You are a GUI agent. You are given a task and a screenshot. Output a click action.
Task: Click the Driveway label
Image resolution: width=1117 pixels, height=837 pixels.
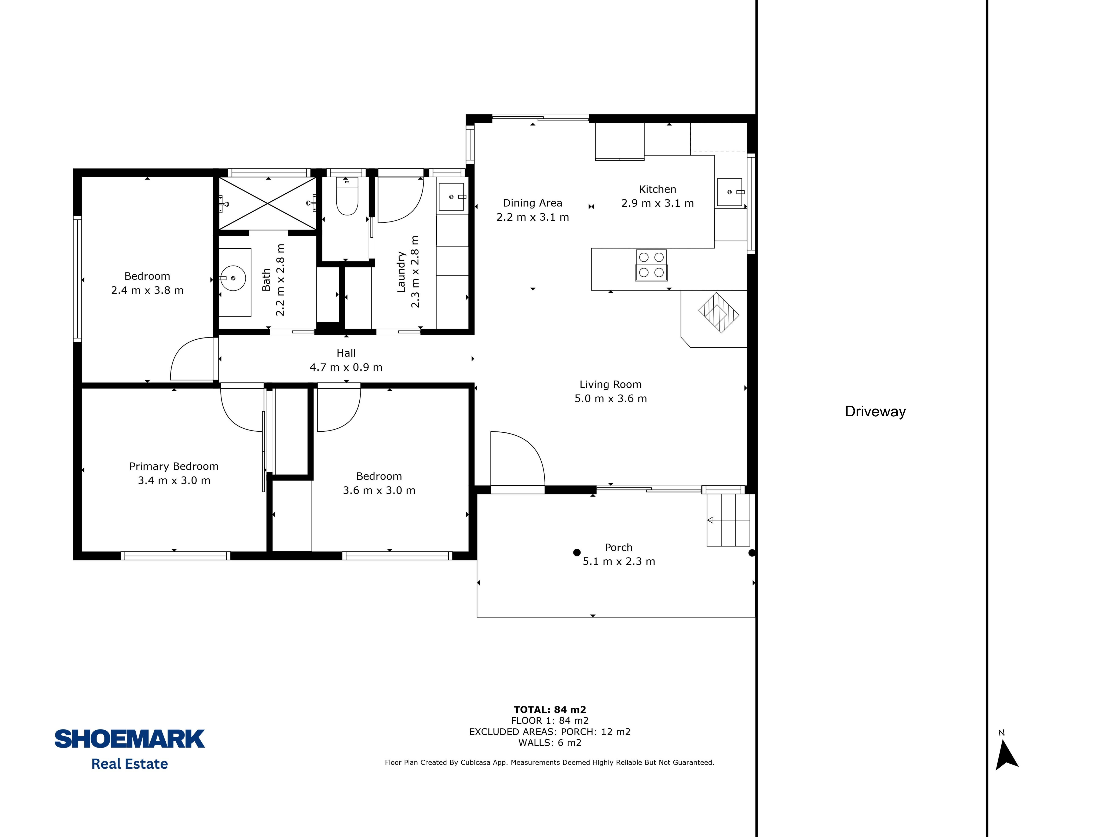click(875, 412)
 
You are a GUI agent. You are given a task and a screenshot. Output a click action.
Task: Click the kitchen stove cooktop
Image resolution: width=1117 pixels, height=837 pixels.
click(651, 265)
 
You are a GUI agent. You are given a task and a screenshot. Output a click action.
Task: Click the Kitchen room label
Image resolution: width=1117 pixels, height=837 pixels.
click(658, 189)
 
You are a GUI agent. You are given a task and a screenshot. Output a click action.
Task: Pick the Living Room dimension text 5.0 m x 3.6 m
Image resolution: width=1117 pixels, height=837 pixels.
click(611, 399)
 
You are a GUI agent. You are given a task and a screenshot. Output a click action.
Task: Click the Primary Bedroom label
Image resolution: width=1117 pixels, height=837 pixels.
click(174, 466)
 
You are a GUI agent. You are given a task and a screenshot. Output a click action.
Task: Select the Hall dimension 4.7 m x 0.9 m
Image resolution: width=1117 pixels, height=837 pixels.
click(346, 367)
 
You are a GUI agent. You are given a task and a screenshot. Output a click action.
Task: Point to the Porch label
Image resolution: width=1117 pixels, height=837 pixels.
click(619, 548)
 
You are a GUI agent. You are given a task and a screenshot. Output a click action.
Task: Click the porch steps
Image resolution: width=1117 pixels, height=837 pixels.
click(728, 520)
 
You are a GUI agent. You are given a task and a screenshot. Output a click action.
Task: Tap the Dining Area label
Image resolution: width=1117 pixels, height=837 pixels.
click(532, 203)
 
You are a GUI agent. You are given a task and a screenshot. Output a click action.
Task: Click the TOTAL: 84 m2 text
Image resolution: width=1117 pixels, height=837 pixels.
click(550, 710)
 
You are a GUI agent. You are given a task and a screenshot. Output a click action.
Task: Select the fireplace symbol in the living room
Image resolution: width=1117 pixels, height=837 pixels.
click(719, 313)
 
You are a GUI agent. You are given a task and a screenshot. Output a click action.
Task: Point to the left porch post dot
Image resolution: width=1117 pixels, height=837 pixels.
click(577, 553)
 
